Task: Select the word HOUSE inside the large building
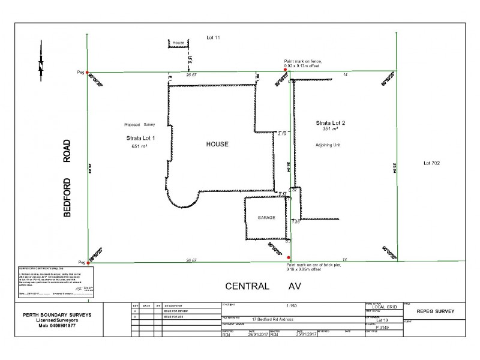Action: pyautogui.click(x=218, y=145)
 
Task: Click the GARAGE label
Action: pyautogui.click(x=266, y=218)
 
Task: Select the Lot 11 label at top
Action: pyautogui.click(x=214, y=37)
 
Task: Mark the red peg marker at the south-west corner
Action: pyautogui.click(x=88, y=262)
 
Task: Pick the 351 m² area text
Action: pyautogui.click(x=331, y=129)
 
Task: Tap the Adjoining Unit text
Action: pyautogui.click(x=328, y=145)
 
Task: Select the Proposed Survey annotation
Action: pyautogui.click(x=139, y=125)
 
